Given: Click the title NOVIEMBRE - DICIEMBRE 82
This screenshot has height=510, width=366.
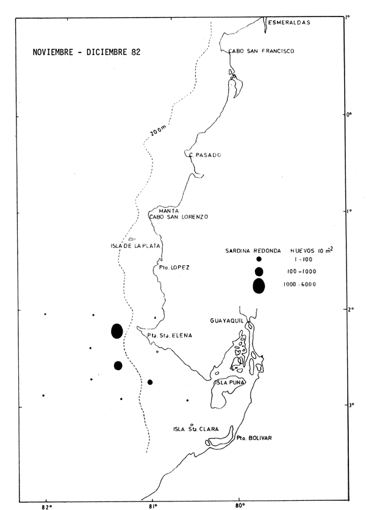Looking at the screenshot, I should click(87, 53).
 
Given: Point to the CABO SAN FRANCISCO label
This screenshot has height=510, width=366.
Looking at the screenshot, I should click(262, 52).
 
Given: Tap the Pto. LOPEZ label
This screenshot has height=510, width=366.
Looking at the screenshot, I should click(171, 268).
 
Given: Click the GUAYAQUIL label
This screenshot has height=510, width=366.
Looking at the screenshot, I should click(228, 320).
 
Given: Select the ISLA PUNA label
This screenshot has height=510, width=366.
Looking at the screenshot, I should click(230, 383).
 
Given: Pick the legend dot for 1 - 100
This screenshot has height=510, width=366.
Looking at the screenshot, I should click(259, 259).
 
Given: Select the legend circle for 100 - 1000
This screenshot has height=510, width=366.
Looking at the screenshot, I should click(259, 271).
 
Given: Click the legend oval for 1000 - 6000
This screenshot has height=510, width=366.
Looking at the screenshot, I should click(259, 285).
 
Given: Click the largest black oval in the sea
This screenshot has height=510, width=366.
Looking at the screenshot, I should click(117, 331).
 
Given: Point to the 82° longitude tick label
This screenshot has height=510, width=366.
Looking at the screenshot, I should click(46, 505).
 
